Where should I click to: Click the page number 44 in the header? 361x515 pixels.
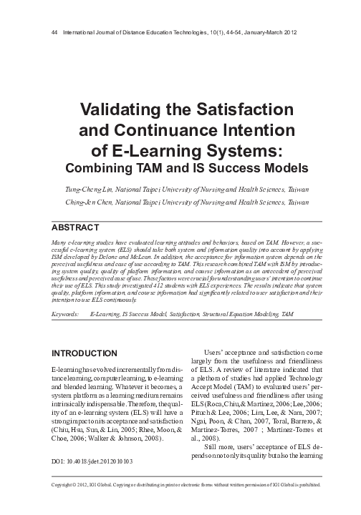[48, 34]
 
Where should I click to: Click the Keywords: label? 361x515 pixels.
[65, 314]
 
